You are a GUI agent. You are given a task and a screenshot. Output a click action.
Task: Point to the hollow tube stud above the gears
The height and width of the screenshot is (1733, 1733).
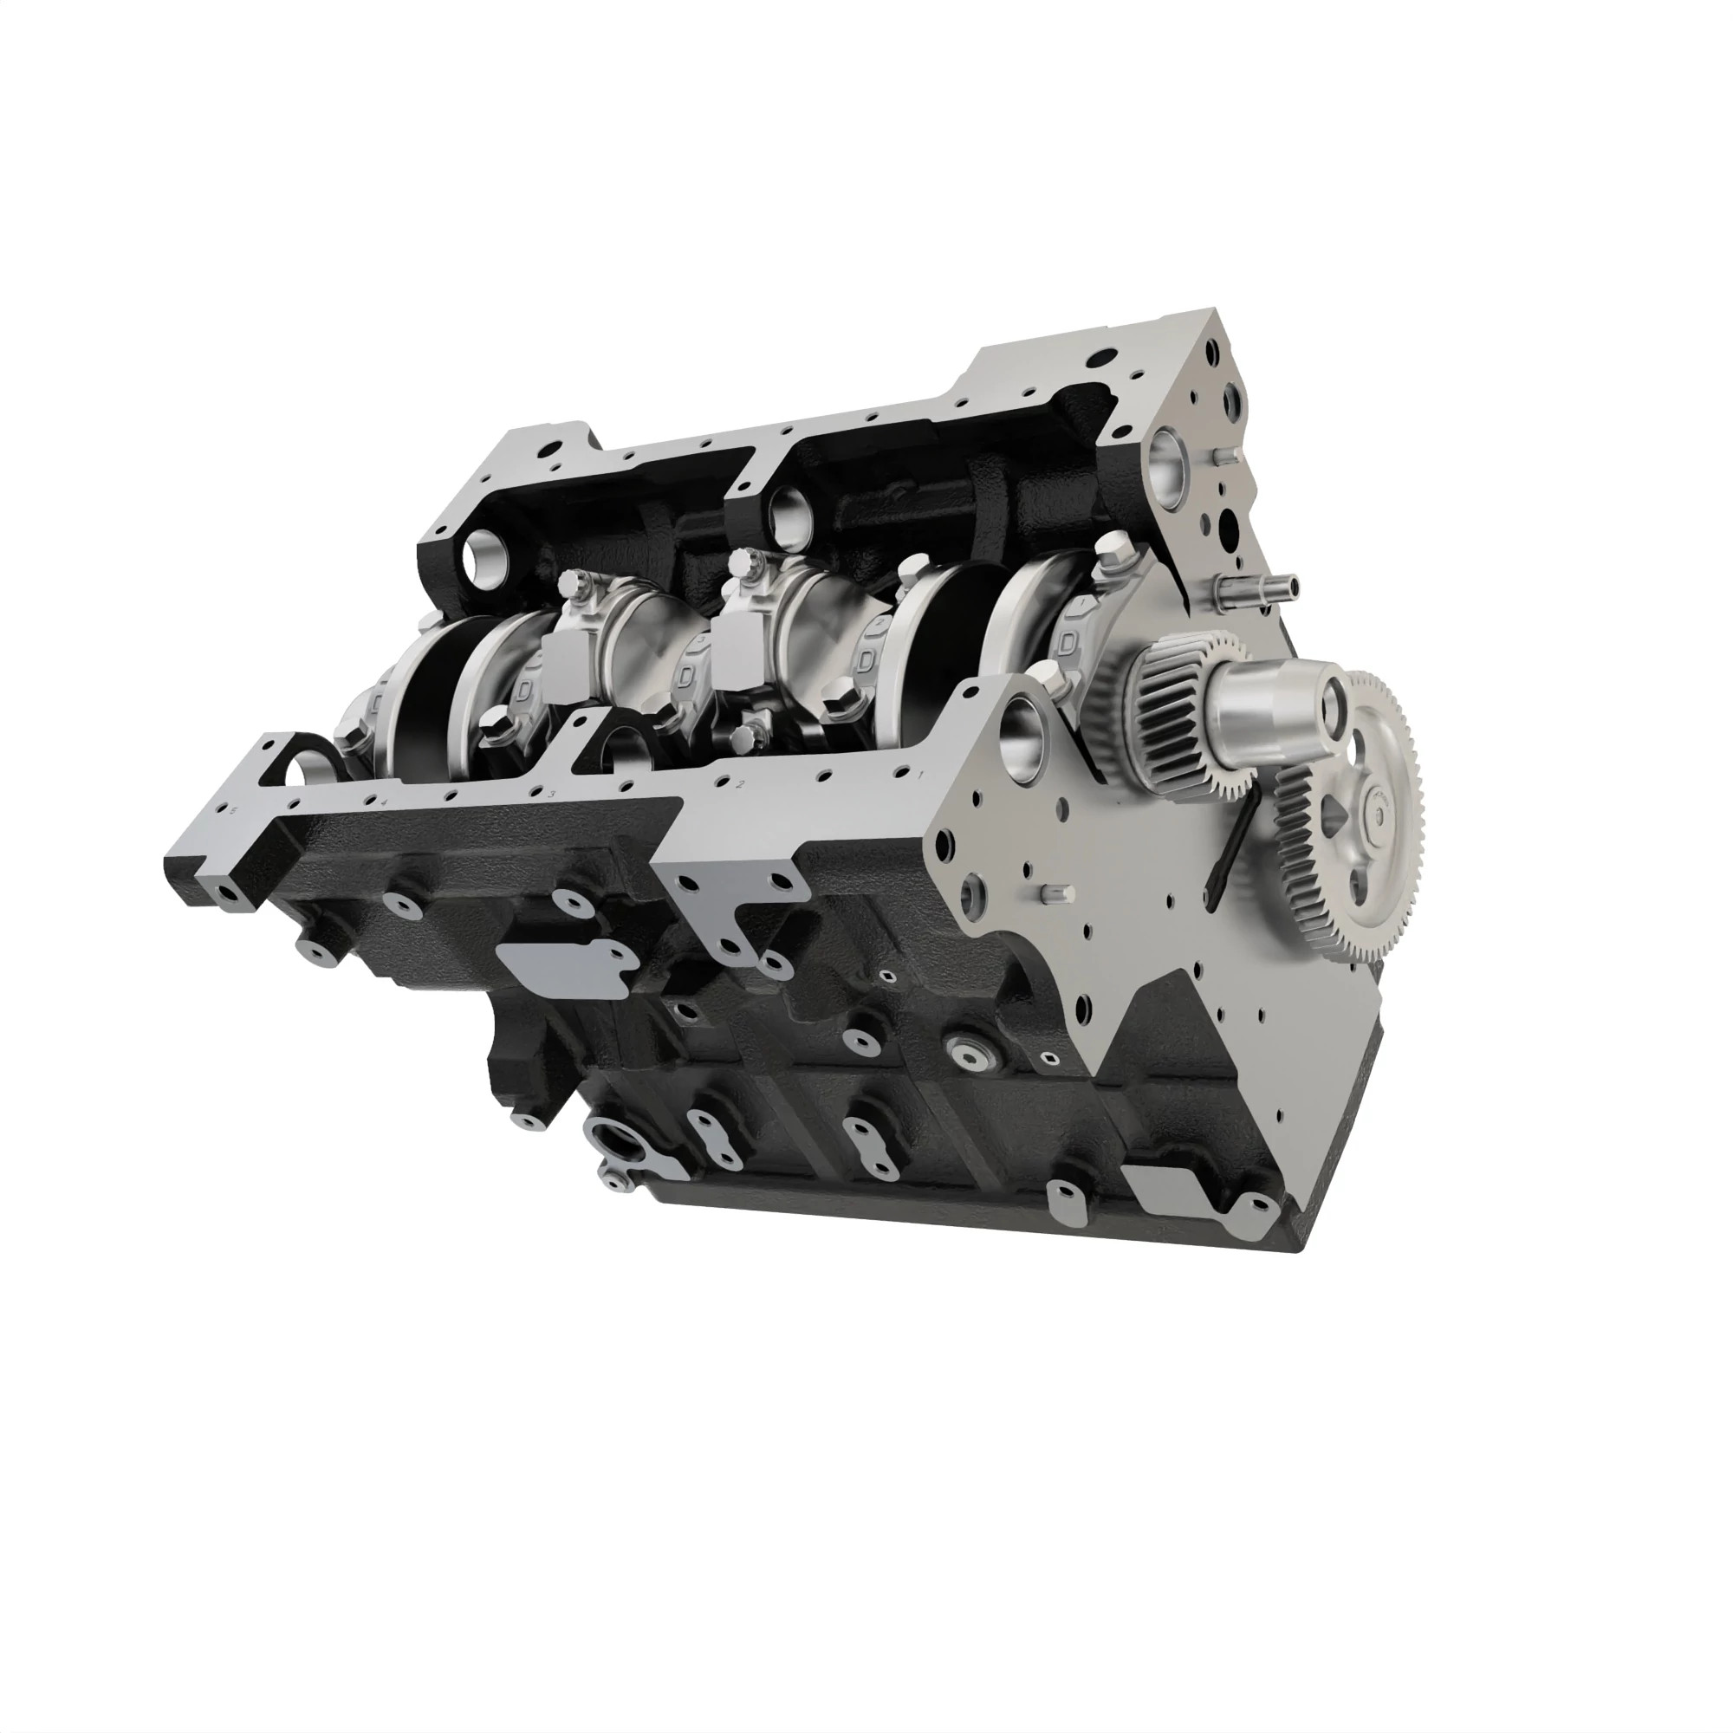pos(1256,589)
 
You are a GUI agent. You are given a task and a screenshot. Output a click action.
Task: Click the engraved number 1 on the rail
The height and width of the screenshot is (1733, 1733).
pos(920,772)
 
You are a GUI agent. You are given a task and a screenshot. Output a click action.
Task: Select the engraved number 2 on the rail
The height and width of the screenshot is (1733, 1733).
pos(741,786)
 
